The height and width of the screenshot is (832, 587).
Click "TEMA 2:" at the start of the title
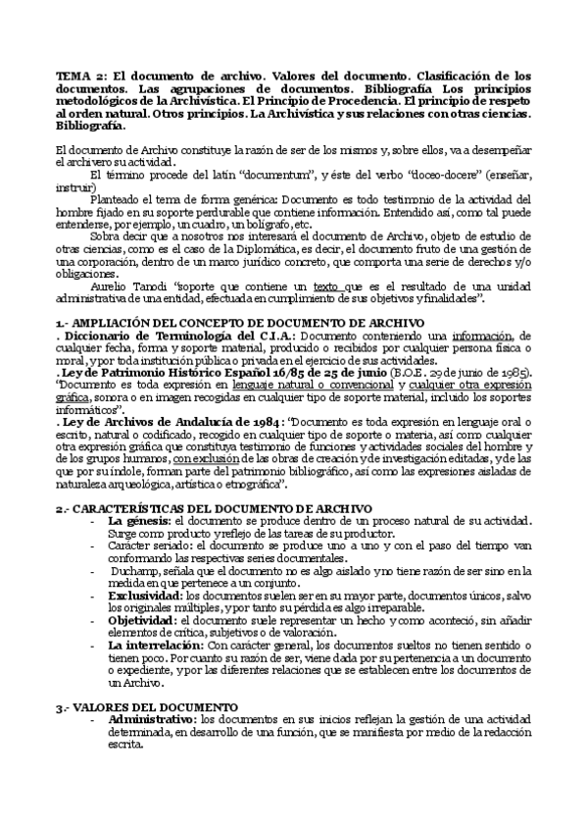tap(75, 76)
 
